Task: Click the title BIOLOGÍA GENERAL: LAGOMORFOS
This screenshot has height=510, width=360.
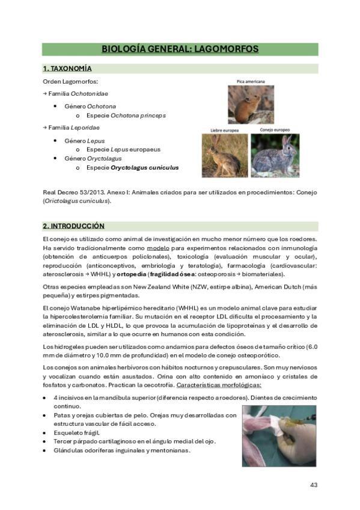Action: [180, 49]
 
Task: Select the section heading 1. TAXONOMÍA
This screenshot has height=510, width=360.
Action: [67, 69]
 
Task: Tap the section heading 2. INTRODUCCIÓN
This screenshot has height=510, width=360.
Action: [73, 226]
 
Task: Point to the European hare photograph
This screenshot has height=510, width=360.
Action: [224, 155]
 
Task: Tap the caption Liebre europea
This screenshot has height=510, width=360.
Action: [224, 131]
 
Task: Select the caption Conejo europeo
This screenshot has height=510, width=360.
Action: [275, 130]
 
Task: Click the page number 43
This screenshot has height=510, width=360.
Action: [313, 485]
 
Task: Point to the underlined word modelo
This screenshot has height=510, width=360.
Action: [158, 248]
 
